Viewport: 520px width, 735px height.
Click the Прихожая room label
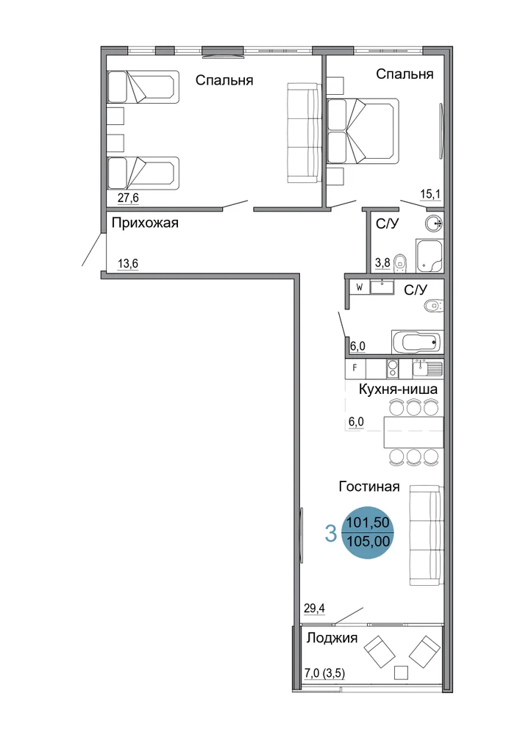[x=145, y=223]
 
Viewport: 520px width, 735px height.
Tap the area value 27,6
[x=128, y=198]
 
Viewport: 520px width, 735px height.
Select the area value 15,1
[x=430, y=194]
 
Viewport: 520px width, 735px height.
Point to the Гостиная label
[x=369, y=487]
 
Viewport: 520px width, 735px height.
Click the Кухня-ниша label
[x=398, y=389]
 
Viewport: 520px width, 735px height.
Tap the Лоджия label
[x=332, y=638]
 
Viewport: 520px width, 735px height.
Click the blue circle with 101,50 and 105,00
[x=368, y=532]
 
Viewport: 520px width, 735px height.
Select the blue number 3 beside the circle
[x=331, y=534]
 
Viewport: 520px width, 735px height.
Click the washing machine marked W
[x=360, y=287]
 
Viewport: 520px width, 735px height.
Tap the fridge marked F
[x=355, y=368]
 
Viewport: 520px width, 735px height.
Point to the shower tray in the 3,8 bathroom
[x=430, y=256]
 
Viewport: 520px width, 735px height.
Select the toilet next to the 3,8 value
[x=400, y=262]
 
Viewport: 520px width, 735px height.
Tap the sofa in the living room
[x=426, y=535]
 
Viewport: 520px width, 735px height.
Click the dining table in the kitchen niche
[x=413, y=431]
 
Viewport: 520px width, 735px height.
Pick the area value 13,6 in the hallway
[x=128, y=264]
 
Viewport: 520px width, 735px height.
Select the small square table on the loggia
[x=401, y=673]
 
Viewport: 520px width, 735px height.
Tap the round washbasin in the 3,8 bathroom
[x=434, y=223]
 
